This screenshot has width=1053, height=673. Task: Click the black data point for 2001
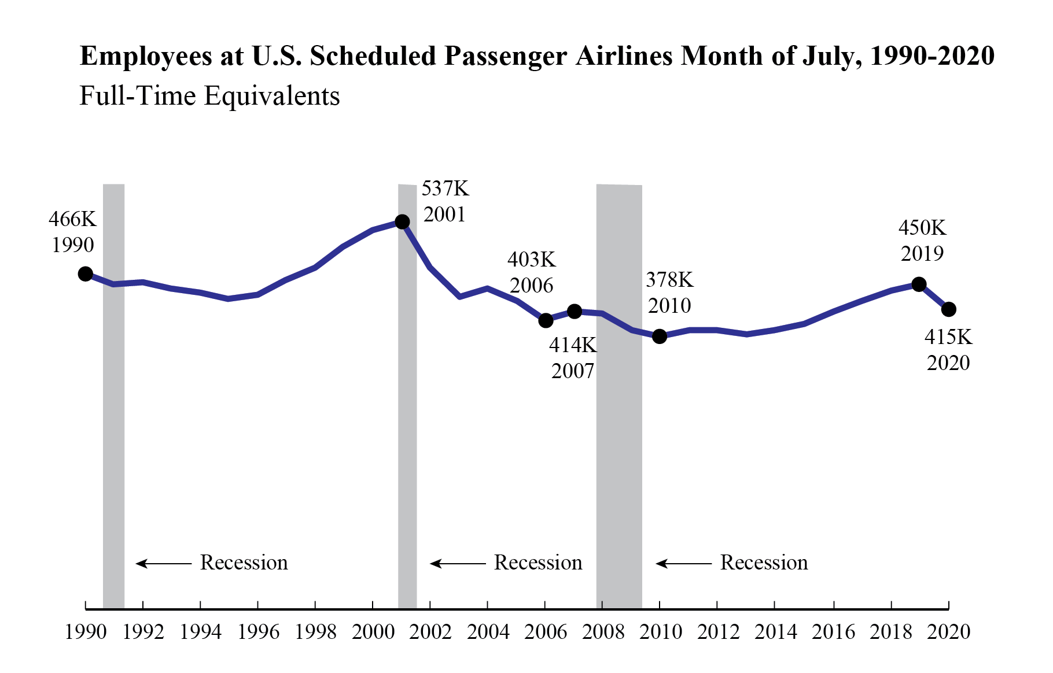pyautogui.click(x=402, y=221)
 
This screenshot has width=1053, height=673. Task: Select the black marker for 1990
pyautogui.click(x=86, y=274)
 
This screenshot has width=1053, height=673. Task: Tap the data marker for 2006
pyautogui.click(x=546, y=320)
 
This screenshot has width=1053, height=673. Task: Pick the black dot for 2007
pyautogui.click(x=575, y=312)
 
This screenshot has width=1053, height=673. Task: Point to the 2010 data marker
pyautogui.click(x=660, y=336)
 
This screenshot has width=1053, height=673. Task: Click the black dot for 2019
pyautogui.click(x=919, y=284)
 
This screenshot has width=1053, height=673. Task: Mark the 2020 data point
pyautogui.click(x=948, y=309)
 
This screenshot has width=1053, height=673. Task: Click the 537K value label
pyautogui.click(x=444, y=188)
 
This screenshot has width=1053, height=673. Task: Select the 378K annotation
pyautogui.click(x=669, y=280)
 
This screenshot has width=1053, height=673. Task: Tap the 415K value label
pyautogui.click(x=948, y=337)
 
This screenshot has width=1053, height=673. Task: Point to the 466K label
pyautogui.click(x=72, y=219)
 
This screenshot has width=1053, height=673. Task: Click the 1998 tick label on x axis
pyautogui.click(x=315, y=632)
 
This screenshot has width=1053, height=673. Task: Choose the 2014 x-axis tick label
pyautogui.click(x=775, y=632)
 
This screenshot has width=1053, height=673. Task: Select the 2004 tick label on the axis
pyautogui.click(x=488, y=632)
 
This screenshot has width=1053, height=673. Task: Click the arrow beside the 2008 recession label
pyautogui.click(x=683, y=563)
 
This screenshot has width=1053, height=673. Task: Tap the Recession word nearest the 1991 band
pyautogui.click(x=244, y=563)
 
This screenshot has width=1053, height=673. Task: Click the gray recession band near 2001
pyautogui.click(x=407, y=405)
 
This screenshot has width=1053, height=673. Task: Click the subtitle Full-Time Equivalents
pyautogui.click(x=209, y=96)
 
